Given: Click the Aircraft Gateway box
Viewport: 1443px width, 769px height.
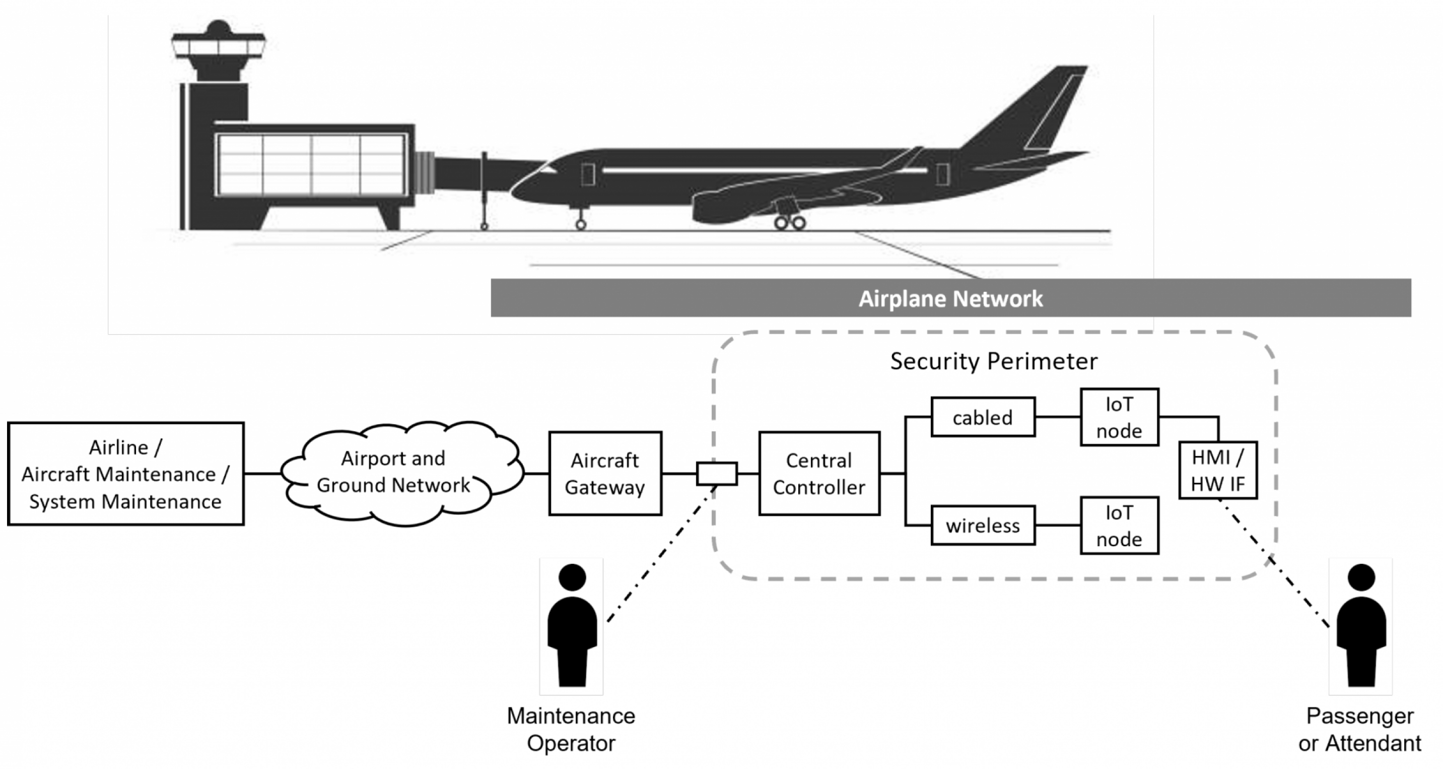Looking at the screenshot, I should [x=605, y=474].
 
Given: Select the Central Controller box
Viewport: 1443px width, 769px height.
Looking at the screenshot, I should [x=819, y=474].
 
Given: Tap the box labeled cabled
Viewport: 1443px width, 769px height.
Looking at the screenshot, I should [x=983, y=417].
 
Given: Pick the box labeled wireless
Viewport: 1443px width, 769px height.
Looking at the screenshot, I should [x=983, y=526].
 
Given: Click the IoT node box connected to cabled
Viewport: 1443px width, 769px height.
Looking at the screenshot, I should [x=1119, y=417].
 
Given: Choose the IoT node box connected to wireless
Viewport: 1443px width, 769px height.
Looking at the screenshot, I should [x=1119, y=526].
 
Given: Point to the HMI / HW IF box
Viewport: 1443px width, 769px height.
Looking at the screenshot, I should [x=1218, y=470].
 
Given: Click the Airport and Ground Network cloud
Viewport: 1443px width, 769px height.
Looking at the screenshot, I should [x=393, y=472].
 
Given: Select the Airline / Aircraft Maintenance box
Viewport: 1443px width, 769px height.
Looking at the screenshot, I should [x=125, y=474].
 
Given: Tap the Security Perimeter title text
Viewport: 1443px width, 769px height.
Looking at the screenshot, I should [x=994, y=361].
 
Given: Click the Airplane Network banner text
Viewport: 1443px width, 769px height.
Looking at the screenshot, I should [x=950, y=299].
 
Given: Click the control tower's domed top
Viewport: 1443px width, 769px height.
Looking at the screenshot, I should [x=219, y=28].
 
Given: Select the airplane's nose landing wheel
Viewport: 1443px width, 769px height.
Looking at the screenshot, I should [x=581, y=224].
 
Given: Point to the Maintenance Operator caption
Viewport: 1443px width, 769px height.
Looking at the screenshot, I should [x=571, y=730].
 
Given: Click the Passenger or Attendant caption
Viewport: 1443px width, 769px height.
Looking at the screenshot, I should [x=1360, y=730].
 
